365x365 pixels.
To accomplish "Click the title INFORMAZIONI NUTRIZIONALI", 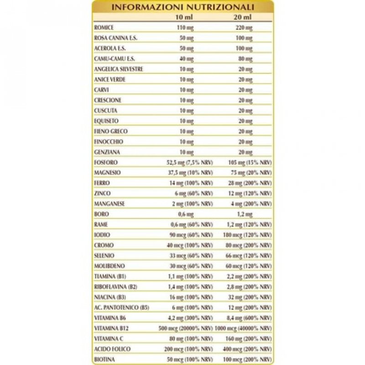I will pyautogui.click(x=183, y=8).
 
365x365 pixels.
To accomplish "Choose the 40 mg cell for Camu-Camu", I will pyautogui.click(x=187, y=59).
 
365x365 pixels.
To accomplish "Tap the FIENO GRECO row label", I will pyautogui.click(x=104, y=131).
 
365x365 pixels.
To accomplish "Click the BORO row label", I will pyautogui.click(x=99, y=214).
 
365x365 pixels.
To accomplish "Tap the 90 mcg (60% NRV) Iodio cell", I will pyautogui.click(x=195, y=235).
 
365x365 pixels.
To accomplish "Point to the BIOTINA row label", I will pyautogui.click(x=102, y=359).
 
